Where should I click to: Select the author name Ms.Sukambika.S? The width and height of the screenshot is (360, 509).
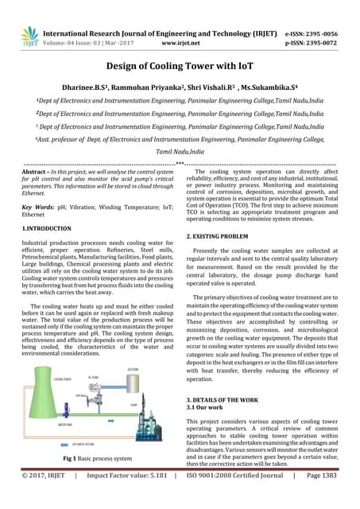(269, 89)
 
